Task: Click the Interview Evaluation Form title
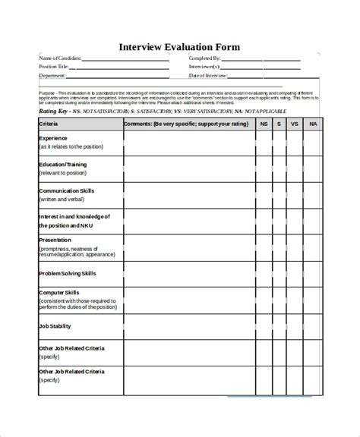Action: [179, 47]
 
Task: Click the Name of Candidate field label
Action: [58, 58]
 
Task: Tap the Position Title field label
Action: [53, 67]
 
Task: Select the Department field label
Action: [52, 76]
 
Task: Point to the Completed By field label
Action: [205, 58]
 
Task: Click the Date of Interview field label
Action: [207, 76]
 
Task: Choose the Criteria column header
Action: [48, 123]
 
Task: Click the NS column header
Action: [264, 123]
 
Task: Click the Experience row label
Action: [53, 138]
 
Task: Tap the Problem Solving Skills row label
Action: [67, 273]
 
